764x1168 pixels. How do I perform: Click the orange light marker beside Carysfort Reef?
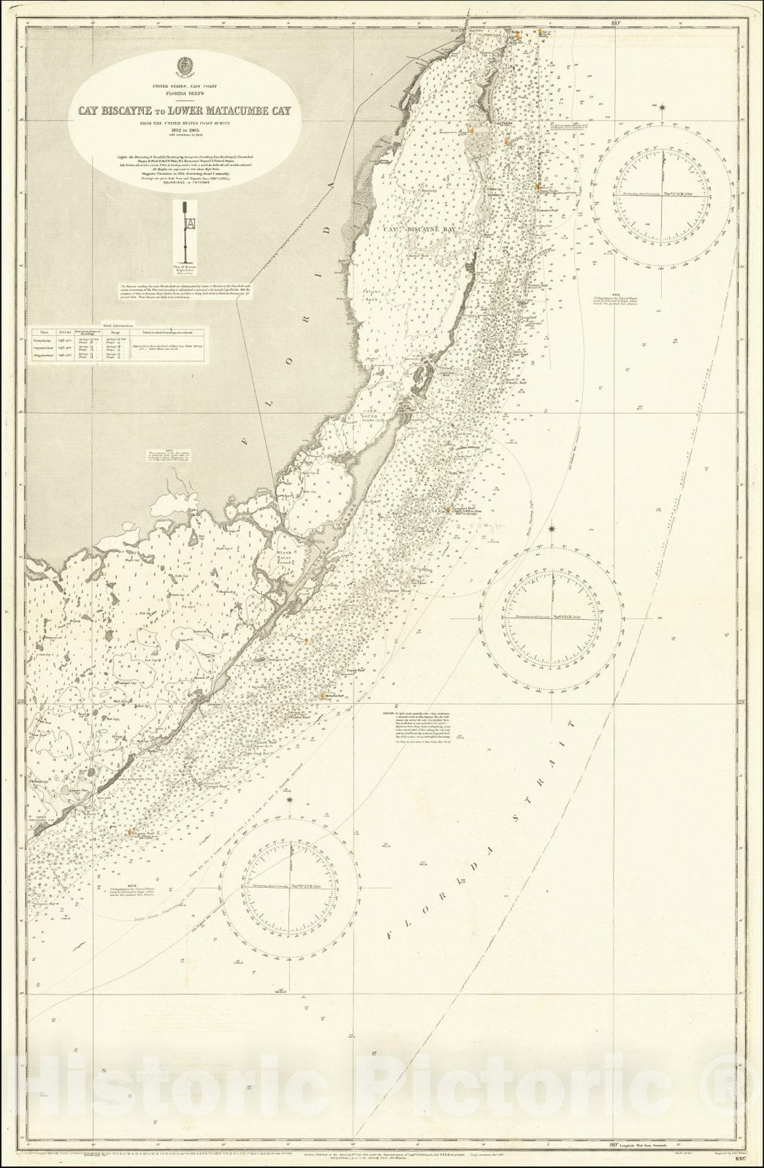[448, 510]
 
